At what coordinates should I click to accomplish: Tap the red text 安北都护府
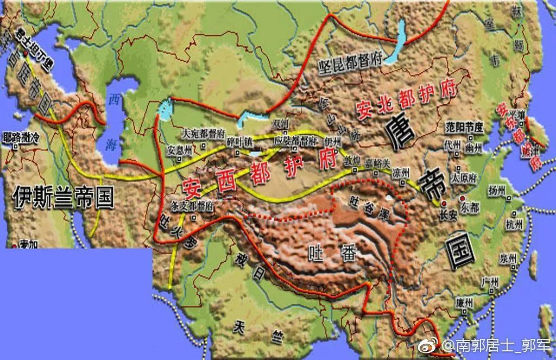(x=405, y=100)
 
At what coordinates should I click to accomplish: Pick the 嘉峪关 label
(x=376, y=162)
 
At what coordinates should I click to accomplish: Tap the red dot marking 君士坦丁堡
(x=25, y=53)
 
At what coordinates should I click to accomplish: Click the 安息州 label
(x=179, y=149)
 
